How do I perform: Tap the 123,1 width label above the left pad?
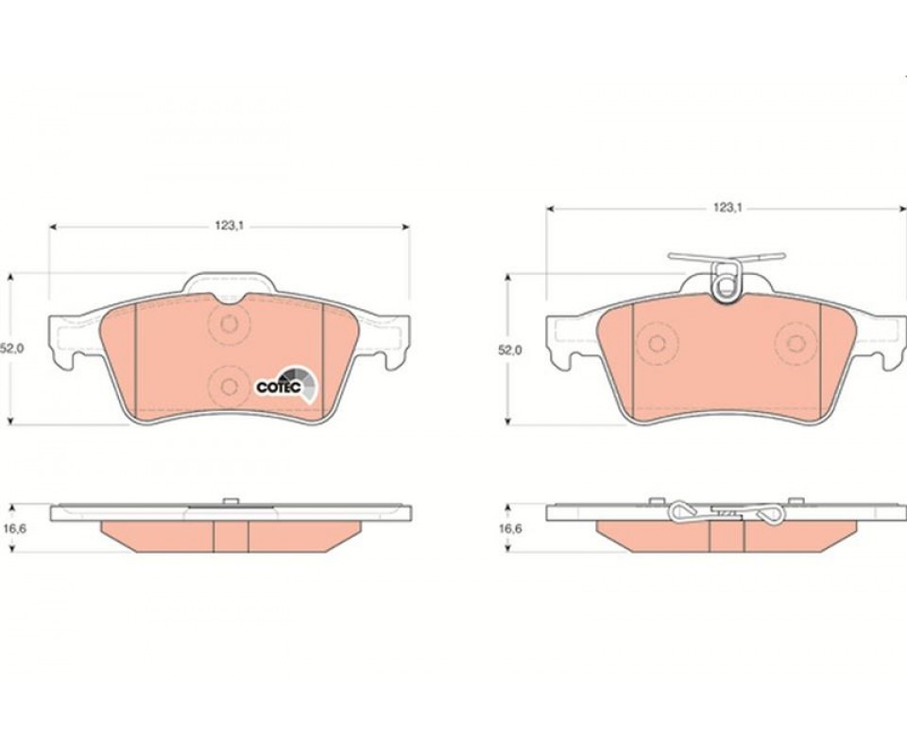pyautogui.click(x=230, y=226)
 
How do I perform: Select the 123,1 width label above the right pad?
pyautogui.click(x=727, y=208)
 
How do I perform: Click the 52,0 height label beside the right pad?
pyautogui.click(x=510, y=350)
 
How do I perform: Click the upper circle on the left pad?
pyautogui.click(x=230, y=324)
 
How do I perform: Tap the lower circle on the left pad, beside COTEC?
pyautogui.click(x=230, y=386)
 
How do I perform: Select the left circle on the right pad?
pyautogui.click(x=656, y=344)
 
